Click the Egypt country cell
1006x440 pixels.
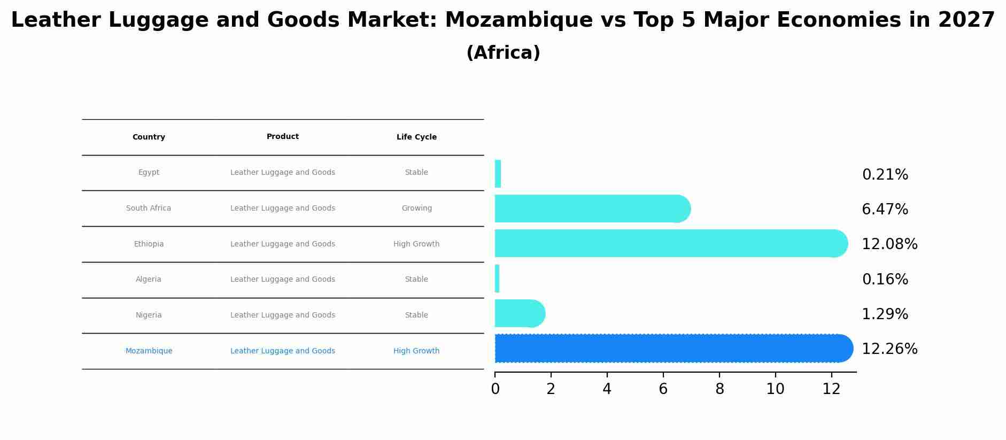[x=149, y=173]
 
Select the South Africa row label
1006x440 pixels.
[x=149, y=209]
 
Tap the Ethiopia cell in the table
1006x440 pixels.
[x=149, y=244]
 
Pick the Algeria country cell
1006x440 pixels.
[x=149, y=280]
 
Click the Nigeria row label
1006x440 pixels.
[x=149, y=315]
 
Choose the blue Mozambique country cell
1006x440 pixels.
[x=149, y=351]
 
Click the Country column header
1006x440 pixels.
[x=149, y=137]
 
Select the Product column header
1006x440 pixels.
[x=283, y=137]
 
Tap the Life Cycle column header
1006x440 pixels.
[x=416, y=137]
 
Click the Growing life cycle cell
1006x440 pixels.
[x=416, y=209]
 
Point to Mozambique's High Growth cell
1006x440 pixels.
[x=416, y=351]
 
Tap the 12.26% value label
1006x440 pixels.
[x=889, y=349]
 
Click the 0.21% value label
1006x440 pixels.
[x=885, y=175]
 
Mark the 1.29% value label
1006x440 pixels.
[x=885, y=314]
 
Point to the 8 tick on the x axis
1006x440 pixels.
[x=719, y=389]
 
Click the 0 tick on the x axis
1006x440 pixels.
[x=495, y=389]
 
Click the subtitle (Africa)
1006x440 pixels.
[x=503, y=53]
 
